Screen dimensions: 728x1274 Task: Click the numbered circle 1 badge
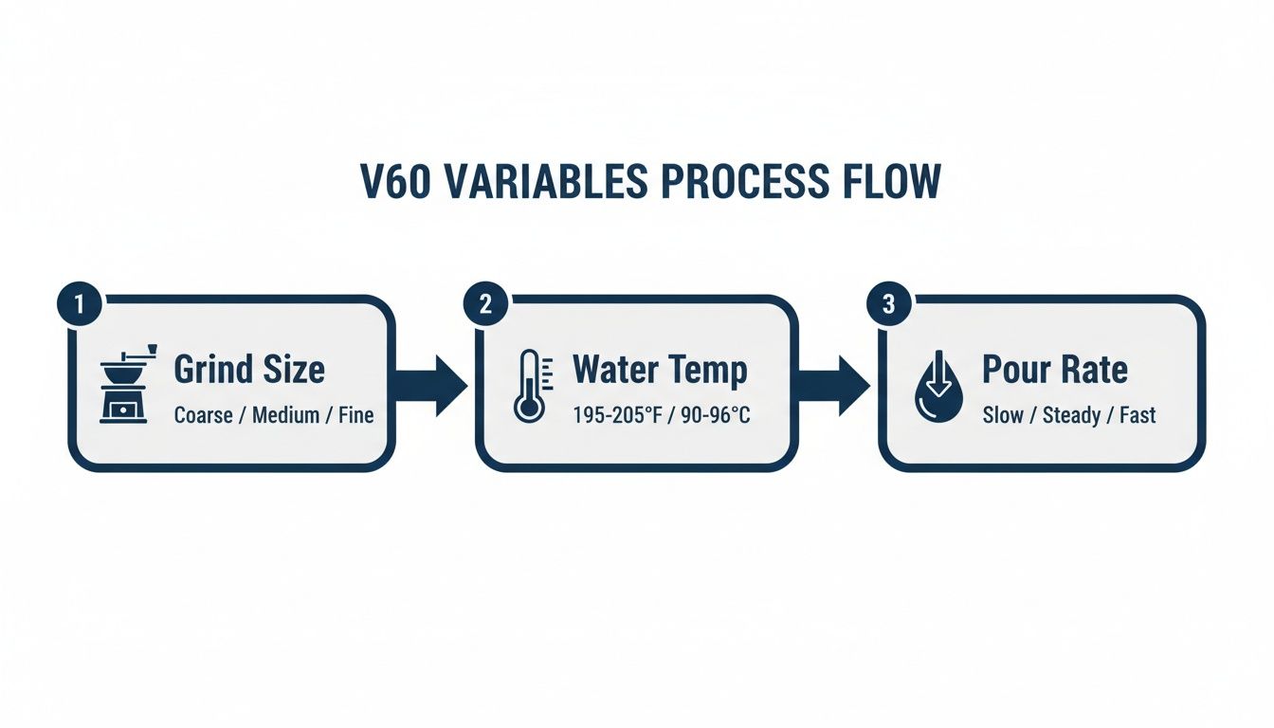(x=80, y=305)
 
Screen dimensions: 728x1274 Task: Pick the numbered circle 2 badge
(x=485, y=305)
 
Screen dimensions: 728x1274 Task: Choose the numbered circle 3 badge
(x=888, y=305)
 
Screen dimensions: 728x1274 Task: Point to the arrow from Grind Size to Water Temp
(x=431, y=385)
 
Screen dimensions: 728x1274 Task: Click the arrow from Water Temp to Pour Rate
(x=835, y=385)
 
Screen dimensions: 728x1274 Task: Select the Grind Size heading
(x=249, y=370)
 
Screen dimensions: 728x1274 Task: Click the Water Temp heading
(x=660, y=370)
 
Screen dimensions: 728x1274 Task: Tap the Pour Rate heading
(x=1055, y=370)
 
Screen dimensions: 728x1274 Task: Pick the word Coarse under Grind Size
(x=203, y=415)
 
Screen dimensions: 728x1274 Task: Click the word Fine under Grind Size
(x=355, y=415)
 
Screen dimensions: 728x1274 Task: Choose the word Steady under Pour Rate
(x=1072, y=415)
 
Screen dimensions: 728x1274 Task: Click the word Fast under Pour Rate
(x=1137, y=415)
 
